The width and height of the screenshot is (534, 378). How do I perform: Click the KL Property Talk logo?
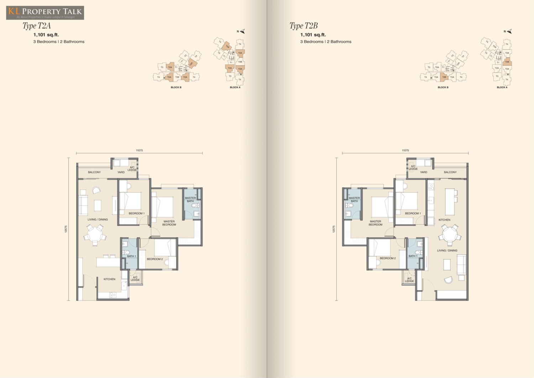[45, 13]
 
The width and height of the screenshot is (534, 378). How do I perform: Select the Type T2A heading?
[37, 26]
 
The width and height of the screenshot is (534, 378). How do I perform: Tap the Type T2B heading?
[303, 26]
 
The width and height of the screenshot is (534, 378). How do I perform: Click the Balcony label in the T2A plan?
[94, 172]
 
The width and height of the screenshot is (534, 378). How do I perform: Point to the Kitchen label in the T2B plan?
[444, 220]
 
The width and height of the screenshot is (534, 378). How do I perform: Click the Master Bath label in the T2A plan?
[190, 199]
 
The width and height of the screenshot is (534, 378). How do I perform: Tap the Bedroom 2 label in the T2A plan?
[155, 259]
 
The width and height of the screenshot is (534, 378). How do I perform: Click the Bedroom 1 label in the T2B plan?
[413, 213]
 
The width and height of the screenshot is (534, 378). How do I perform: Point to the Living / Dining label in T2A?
[98, 219]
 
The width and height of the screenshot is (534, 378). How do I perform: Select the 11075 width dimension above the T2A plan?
[139, 150]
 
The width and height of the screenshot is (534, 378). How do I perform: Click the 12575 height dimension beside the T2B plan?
[334, 229]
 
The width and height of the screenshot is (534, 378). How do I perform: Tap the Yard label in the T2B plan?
[423, 172]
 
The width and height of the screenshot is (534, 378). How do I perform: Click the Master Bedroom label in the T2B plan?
[375, 223]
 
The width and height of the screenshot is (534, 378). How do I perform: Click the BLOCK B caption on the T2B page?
[443, 87]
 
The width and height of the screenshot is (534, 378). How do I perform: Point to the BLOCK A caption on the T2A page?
[235, 87]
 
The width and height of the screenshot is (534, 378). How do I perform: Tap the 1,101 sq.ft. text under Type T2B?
[313, 35]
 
